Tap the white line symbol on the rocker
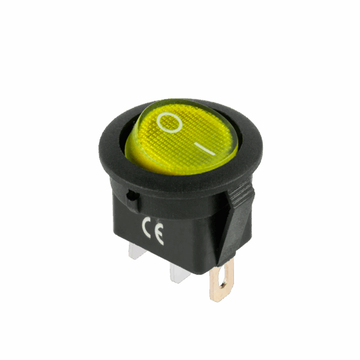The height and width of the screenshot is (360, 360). (205, 149)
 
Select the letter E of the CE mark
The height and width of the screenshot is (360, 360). (160, 233)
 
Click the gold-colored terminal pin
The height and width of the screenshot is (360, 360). (221, 280)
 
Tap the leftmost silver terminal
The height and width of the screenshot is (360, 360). (137, 251)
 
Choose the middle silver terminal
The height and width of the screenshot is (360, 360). (179, 272)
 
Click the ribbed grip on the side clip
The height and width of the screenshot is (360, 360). (241, 193)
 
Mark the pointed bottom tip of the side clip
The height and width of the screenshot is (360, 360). (218, 266)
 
